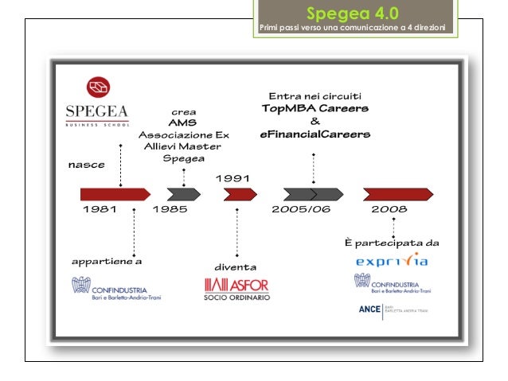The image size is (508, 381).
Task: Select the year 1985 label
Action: pos(169,210)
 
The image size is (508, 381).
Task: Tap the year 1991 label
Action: pos(232,178)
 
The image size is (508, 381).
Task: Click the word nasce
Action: pos(86,165)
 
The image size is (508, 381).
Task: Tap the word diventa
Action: pos(236,266)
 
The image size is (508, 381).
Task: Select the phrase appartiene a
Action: pos(107,260)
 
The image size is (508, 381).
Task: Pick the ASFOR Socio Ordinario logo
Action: pos(237,289)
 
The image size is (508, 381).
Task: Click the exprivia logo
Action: pos(392,260)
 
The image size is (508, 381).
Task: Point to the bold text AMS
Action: pos(183,123)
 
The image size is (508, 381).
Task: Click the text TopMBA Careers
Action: pos(315,108)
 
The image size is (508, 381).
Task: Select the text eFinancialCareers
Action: pos(315,135)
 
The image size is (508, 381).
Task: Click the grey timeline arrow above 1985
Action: pos(184,193)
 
